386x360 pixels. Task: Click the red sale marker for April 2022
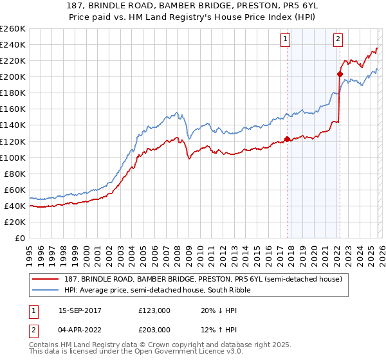click(x=339, y=74)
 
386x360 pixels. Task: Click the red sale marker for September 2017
click(x=287, y=139)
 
